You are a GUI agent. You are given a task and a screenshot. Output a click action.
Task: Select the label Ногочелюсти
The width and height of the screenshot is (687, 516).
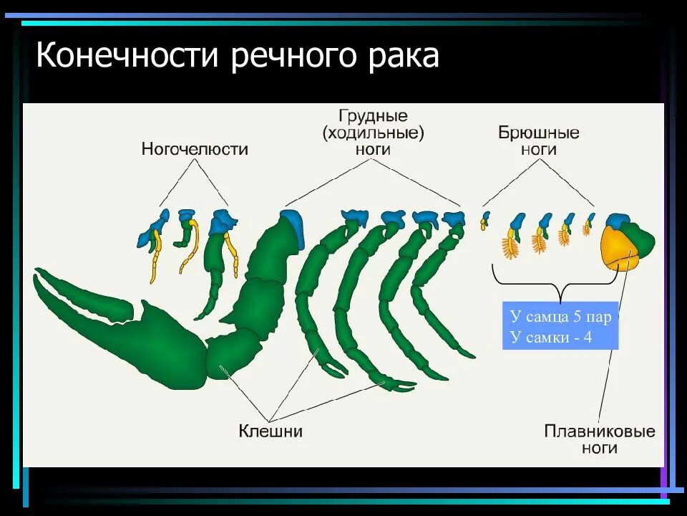[x=195, y=149]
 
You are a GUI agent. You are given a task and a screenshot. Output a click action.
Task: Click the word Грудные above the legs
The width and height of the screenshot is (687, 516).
[x=373, y=115]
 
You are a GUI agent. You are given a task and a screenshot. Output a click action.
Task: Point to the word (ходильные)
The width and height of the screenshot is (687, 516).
[x=373, y=133]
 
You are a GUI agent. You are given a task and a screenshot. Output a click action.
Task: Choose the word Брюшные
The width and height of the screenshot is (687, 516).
[x=538, y=133]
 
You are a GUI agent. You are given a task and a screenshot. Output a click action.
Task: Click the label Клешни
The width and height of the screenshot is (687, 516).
[x=271, y=431]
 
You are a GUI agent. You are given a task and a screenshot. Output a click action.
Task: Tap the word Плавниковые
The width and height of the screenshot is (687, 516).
[x=600, y=431]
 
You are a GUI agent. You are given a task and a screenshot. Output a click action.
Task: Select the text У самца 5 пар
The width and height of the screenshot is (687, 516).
[x=560, y=317]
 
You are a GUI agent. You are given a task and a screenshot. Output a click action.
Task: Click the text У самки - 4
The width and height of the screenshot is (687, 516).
[x=551, y=337]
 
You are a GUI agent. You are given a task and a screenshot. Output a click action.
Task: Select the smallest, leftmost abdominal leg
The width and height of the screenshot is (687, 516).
[x=484, y=220]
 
